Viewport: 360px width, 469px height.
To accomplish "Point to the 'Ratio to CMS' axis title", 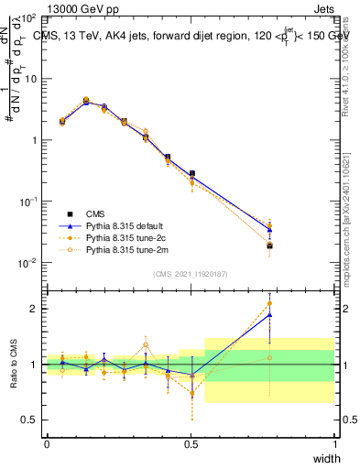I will pos(15,364).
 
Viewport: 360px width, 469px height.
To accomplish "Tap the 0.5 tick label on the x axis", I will pos(191,444).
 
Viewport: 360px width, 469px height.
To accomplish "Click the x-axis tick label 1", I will pos(335,444).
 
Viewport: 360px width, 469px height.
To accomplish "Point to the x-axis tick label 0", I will pos(47,444).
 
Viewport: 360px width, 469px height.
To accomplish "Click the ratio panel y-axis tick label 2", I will pos(34,309).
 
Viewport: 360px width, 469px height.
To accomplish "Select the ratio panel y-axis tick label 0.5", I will pos(30,420).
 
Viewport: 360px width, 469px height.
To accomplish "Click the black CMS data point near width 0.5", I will pos(191,173).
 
